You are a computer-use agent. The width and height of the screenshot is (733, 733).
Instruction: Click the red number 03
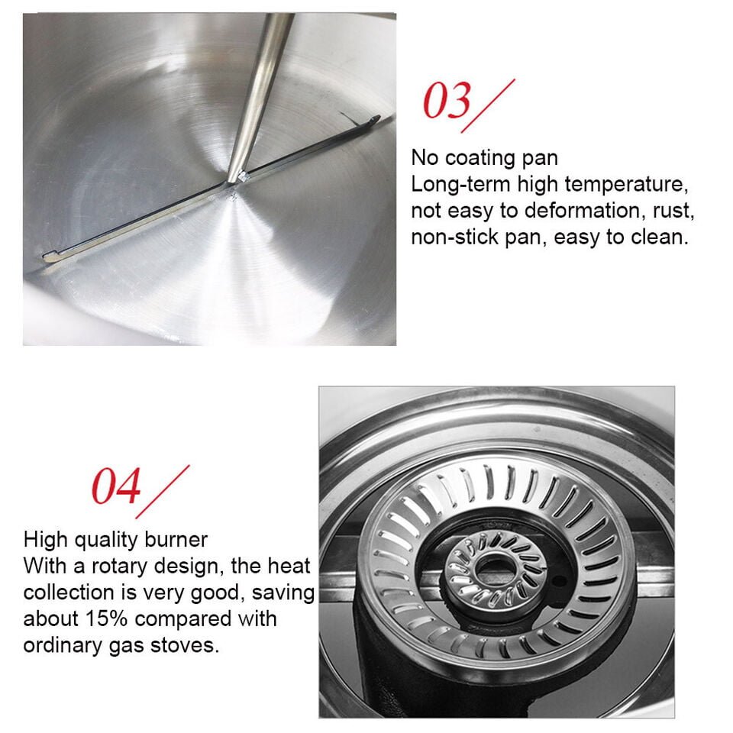click(x=447, y=101)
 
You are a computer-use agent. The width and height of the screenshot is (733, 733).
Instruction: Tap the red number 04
click(x=116, y=486)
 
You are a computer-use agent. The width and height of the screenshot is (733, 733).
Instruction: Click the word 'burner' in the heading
click(x=176, y=540)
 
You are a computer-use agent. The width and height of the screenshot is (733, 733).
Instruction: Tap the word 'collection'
click(x=69, y=593)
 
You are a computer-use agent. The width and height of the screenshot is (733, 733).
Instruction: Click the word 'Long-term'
click(x=460, y=184)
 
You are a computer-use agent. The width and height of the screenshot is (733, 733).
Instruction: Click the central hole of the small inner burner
click(x=492, y=567)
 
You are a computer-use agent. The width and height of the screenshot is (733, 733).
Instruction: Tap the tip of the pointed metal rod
click(x=230, y=181)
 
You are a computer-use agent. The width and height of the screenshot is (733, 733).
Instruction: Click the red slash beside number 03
click(x=489, y=105)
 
